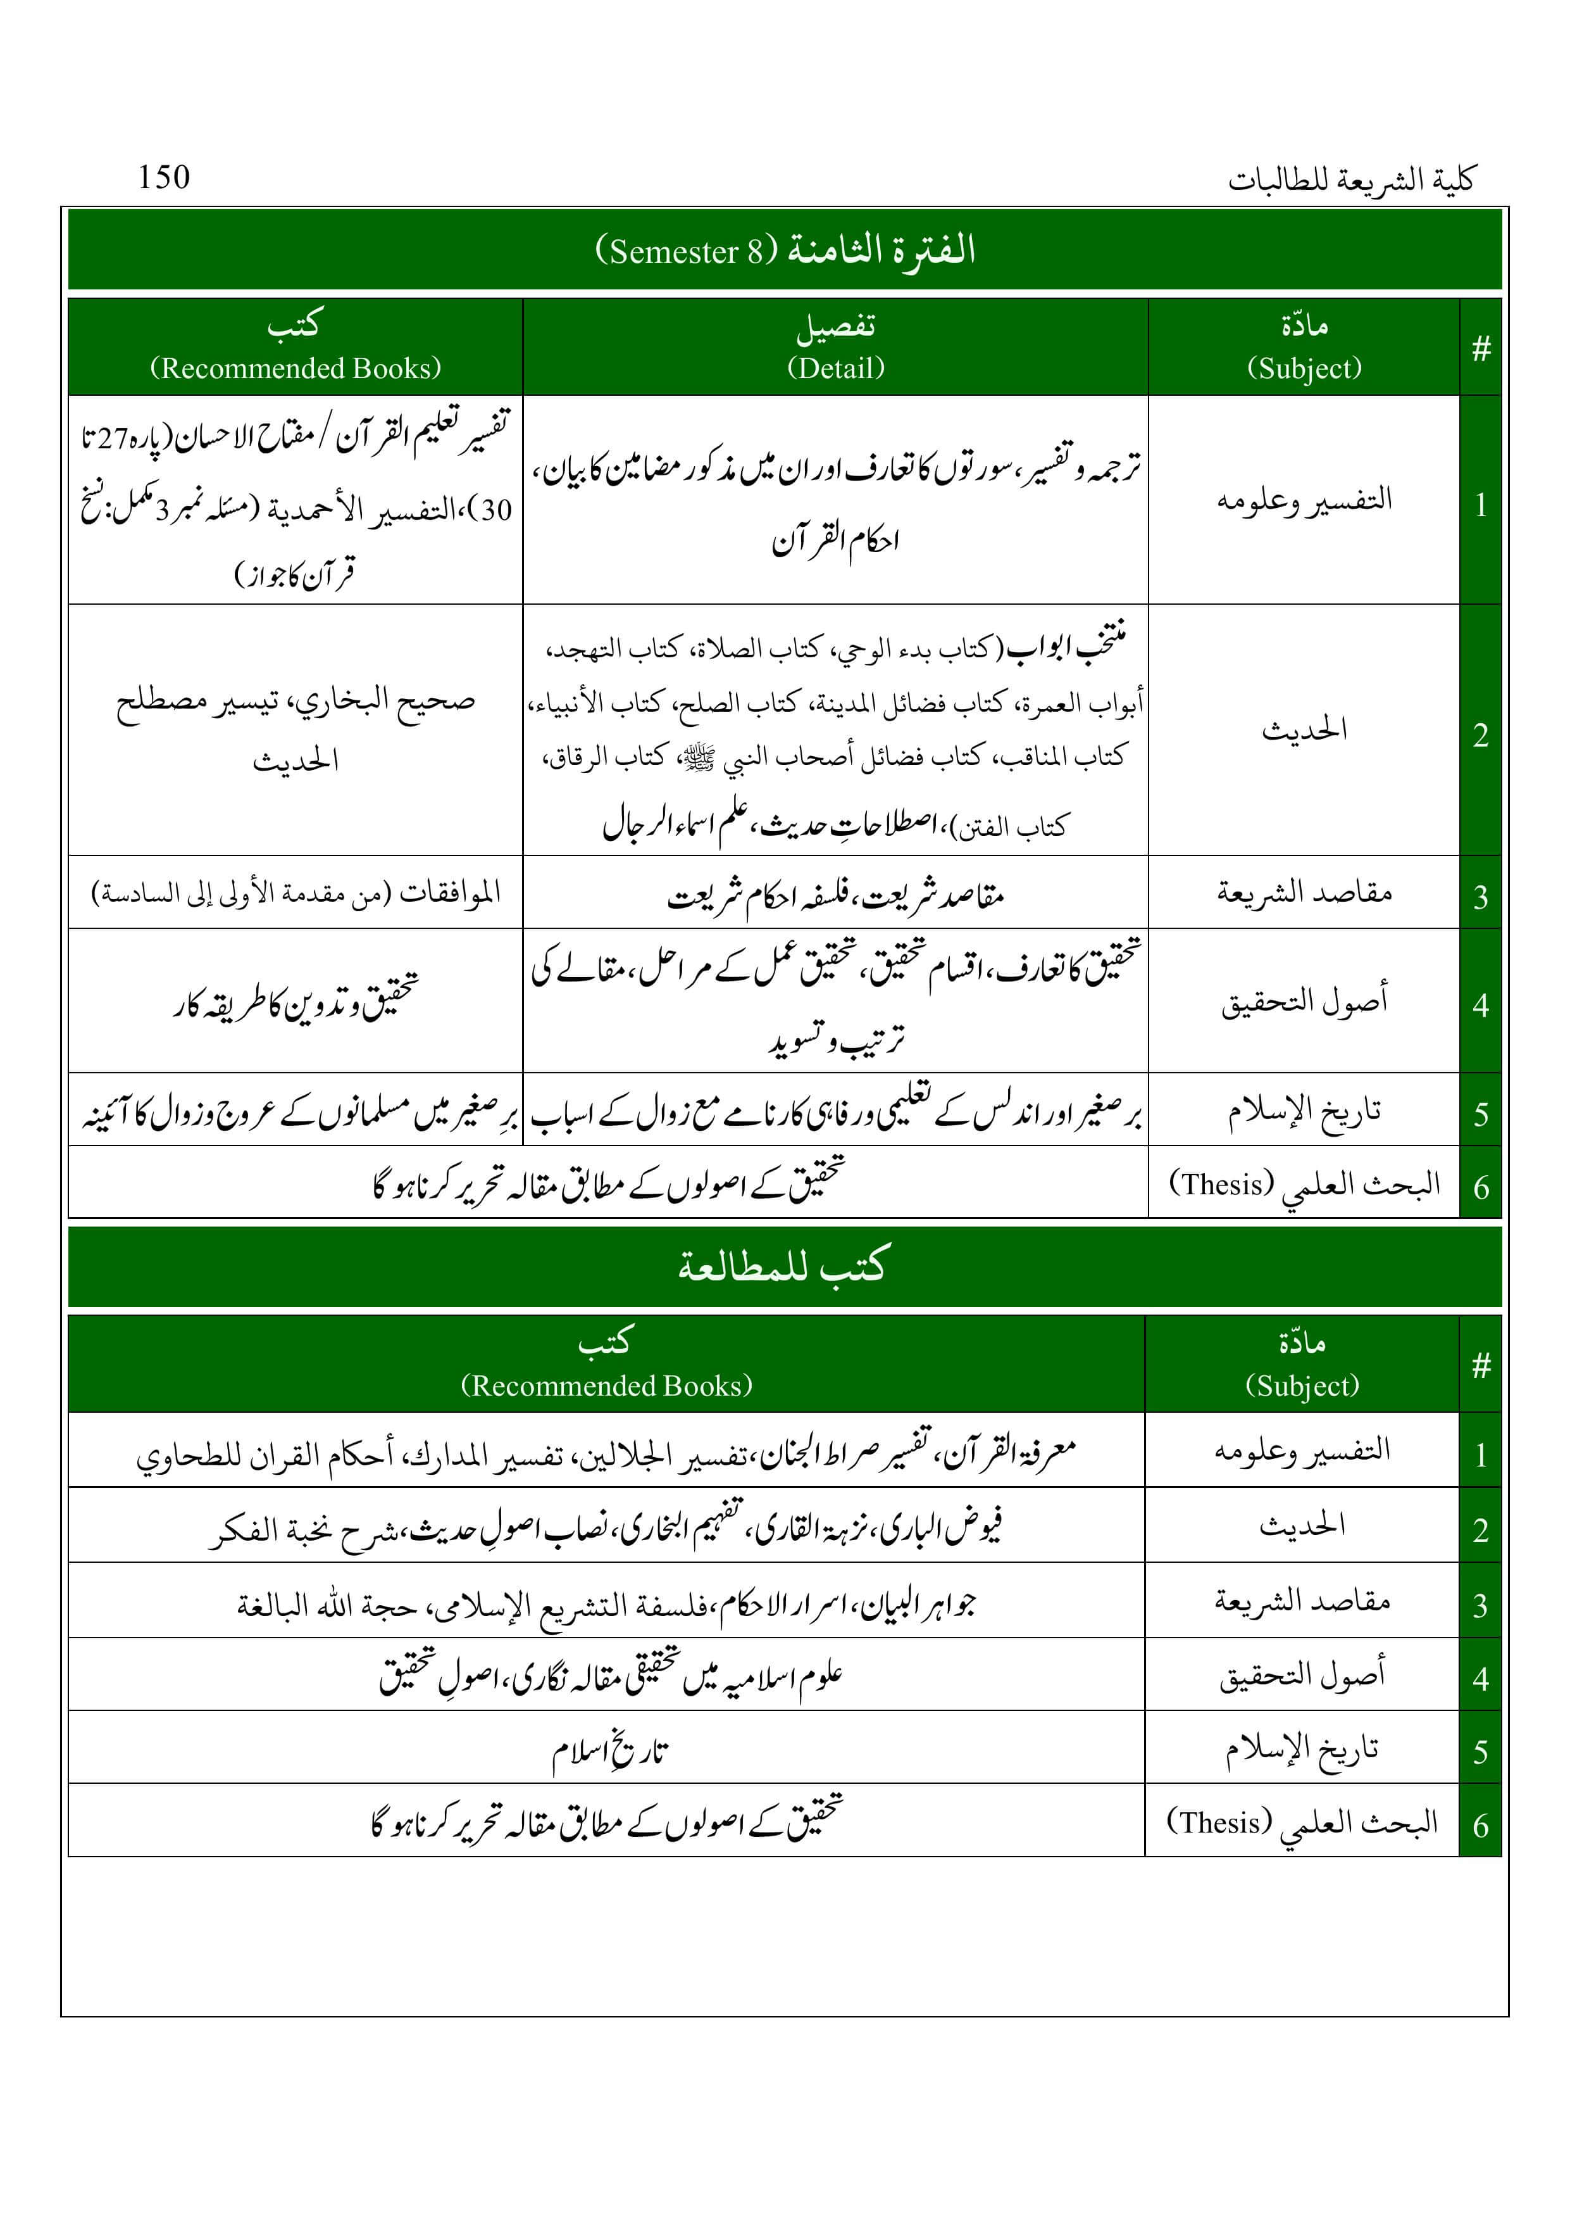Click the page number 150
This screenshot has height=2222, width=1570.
coord(163,177)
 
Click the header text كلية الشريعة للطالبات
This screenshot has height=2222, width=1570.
coord(1350,180)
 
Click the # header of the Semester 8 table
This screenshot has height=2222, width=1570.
coord(1480,348)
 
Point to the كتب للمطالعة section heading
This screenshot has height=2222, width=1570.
coord(782,1266)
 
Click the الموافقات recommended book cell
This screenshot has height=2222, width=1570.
coord(296,892)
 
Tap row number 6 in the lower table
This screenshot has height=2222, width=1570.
coord(1480,1825)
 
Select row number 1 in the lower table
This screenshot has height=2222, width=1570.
coord(1480,1455)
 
